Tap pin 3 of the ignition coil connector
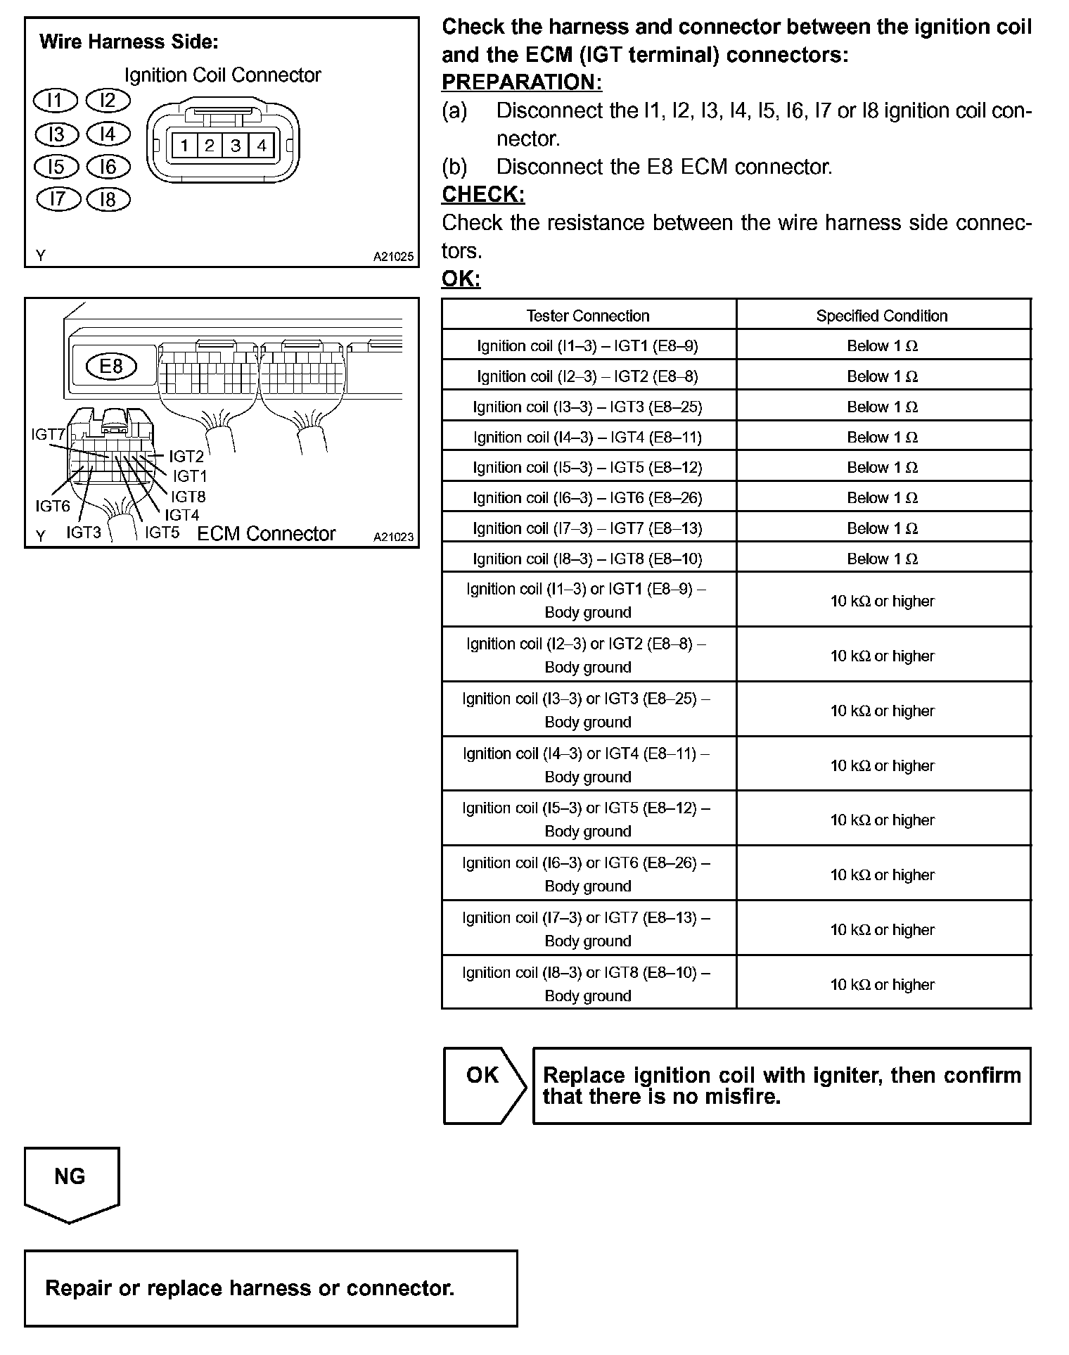236,146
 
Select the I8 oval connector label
108,200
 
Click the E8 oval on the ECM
111,366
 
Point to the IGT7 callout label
48,435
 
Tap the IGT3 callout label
84,533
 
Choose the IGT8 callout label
188,497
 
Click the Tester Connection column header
588,316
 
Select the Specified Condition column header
882,316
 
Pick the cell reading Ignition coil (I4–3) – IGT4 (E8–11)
588,438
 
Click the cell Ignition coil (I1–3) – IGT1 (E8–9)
588,346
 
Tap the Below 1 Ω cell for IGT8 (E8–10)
882,559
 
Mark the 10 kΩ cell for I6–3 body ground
882,875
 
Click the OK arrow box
483,1086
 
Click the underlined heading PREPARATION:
522,82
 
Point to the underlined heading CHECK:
483,194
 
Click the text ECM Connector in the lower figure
267,534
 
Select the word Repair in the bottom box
79,1288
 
